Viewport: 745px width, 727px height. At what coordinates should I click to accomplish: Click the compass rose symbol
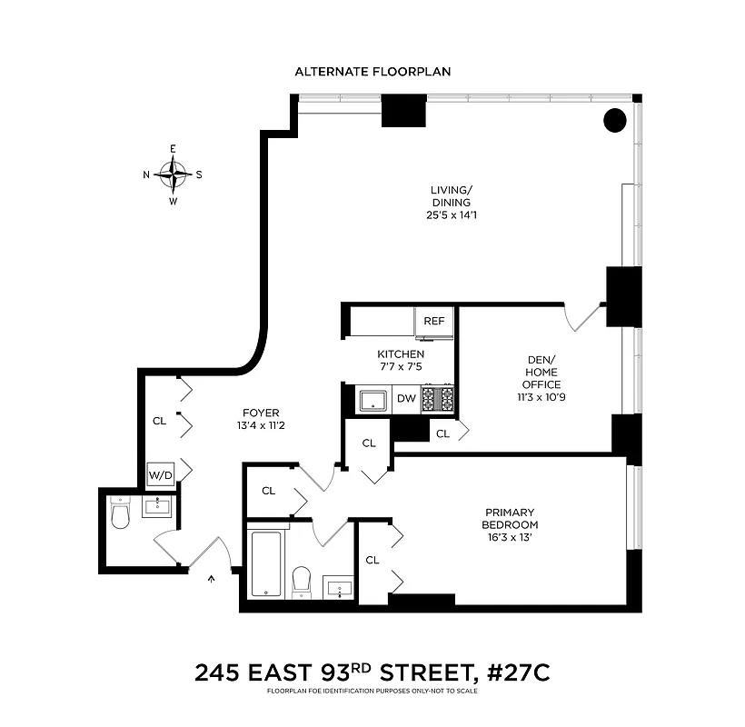click(173, 174)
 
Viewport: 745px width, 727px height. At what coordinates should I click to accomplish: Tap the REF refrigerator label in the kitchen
click(433, 321)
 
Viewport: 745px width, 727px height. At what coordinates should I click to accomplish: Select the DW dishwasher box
click(405, 398)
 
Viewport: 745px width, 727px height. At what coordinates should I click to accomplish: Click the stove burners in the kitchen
click(437, 398)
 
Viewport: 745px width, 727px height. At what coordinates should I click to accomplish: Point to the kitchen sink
click(372, 399)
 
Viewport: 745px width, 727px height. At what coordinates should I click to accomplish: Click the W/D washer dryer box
click(160, 473)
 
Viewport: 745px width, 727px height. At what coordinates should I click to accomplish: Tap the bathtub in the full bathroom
click(264, 563)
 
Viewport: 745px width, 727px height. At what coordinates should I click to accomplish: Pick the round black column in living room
click(615, 119)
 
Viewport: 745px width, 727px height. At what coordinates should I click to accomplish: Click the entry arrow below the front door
click(214, 576)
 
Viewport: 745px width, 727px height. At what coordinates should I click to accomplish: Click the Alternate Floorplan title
click(372, 71)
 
